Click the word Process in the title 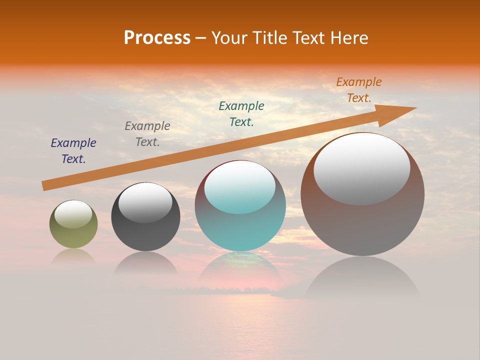pyautogui.click(x=157, y=38)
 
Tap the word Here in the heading pyautogui.click(x=348, y=38)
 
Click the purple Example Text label pyautogui.click(x=73, y=151)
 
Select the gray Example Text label pyautogui.click(x=147, y=134)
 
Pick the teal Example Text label pyautogui.click(x=241, y=114)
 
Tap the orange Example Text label pyautogui.click(x=359, y=90)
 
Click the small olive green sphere pyautogui.click(x=73, y=235)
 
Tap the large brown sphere pyautogui.click(x=362, y=225)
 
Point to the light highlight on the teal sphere pyautogui.click(x=240, y=186)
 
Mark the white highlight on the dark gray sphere pyautogui.click(x=145, y=202)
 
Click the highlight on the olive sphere pyautogui.click(x=73, y=214)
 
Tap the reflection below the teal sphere pyautogui.click(x=240, y=267)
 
